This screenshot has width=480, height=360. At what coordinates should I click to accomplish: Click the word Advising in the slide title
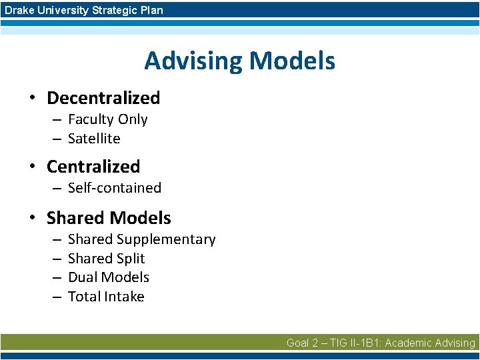tap(193, 61)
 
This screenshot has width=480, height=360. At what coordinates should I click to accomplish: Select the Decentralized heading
tap(103, 98)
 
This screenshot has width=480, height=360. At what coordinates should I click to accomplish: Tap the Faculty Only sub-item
tap(107, 119)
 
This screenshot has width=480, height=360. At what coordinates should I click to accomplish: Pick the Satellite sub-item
tap(94, 139)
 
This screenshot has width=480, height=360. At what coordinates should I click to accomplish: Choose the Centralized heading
tap(93, 167)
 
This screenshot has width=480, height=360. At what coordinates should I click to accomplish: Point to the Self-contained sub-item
tap(115, 188)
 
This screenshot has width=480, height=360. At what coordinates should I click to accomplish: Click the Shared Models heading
tap(109, 218)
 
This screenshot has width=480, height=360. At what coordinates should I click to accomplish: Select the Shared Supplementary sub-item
tap(141, 239)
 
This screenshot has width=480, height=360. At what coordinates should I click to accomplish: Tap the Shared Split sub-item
tap(106, 259)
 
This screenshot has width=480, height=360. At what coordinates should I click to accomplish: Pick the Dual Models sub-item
tap(108, 277)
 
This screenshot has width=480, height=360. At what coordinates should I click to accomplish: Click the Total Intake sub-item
tap(106, 297)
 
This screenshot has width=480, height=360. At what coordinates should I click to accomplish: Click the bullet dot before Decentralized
tap(31, 99)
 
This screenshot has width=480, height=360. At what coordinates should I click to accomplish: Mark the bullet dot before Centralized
tap(31, 167)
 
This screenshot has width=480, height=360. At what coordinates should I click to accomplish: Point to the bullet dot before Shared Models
tap(31, 219)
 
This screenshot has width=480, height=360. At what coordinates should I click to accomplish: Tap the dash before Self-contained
tap(57, 189)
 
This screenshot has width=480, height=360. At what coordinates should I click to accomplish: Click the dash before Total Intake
tap(57, 297)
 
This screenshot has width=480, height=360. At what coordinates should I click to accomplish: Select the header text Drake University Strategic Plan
tap(83, 10)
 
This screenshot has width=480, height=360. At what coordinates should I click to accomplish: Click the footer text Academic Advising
tap(430, 343)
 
